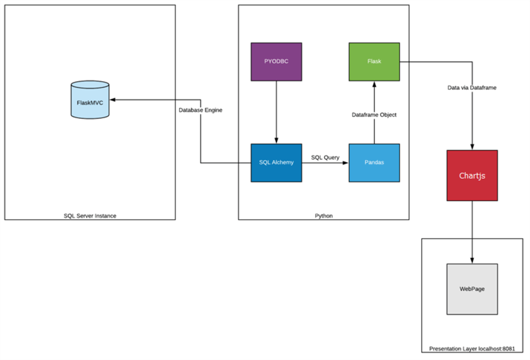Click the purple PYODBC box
[x=275, y=62]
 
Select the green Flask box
[x=374, y=62]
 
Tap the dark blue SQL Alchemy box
[x=275, y=163]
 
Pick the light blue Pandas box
[x=374, y=163]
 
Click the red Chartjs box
[x=471, y=175]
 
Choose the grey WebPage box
[x=471, y=288]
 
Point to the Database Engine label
[x=200, y=110]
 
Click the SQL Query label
[x=325, y=158]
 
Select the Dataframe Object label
[x=374, y=115]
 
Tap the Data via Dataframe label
[x=472, y=88]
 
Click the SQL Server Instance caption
[x=90, y=216]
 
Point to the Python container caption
[x=323, y=216]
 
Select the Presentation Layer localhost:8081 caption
[x=471, y=349]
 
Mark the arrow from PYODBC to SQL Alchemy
[x=275, y=112]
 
